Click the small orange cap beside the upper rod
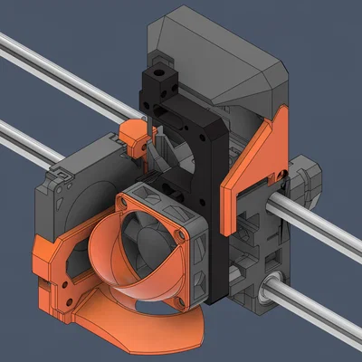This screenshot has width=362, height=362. [133, 137]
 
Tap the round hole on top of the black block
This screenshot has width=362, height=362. [162, 68]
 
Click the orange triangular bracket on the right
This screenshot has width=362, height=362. [257, 163]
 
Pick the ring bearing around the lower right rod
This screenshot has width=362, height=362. [264, 288]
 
